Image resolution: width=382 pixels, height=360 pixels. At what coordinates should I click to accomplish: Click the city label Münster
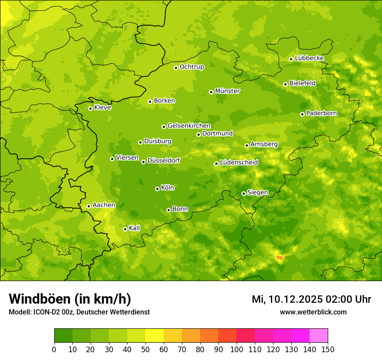(227, 91)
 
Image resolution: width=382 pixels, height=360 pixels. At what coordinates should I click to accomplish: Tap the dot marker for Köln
(157, 189)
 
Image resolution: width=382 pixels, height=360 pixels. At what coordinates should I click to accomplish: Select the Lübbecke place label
(309, 58)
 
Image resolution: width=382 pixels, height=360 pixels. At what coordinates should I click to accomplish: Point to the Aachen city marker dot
(89, 206)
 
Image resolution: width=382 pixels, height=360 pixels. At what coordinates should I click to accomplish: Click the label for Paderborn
(321, 113)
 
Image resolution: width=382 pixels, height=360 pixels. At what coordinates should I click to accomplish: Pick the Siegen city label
(257, 193)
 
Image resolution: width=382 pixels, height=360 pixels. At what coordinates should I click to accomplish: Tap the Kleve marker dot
(90, 108)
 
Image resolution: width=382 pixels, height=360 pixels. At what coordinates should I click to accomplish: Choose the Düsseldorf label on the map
(164, 160)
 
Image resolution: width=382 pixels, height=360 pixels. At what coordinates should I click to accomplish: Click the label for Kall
(134, 228)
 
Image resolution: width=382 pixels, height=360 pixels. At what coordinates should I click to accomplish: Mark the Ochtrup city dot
(176, 68)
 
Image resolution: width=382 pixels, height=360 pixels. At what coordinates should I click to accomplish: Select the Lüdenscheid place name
(239, 163)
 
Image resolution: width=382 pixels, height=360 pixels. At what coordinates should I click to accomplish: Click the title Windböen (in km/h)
(70, 299)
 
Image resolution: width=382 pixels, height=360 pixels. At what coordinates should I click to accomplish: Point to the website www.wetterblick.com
(313, 312)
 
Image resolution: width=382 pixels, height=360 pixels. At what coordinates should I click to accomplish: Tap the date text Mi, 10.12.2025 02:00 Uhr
(311, 299)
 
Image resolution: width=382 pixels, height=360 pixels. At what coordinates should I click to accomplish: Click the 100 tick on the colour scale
(237, 349)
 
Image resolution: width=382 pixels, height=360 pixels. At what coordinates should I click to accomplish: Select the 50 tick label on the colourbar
(145, 349)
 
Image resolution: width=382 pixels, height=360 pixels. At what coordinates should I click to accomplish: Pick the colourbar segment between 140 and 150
(319, 336)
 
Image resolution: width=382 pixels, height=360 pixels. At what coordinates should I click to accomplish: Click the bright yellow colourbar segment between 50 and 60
(155, 336)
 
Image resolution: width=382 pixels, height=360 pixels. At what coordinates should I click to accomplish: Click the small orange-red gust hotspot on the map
(280, 258)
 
